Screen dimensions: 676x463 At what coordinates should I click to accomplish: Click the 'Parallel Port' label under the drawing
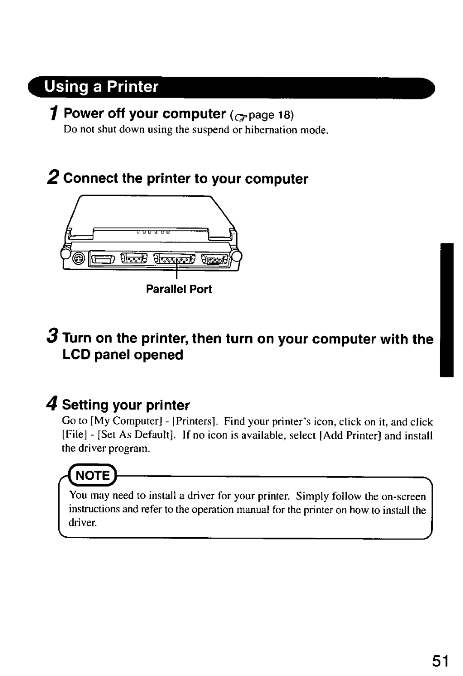(179, 290)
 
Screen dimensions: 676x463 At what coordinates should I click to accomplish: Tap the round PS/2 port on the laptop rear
(78, 259)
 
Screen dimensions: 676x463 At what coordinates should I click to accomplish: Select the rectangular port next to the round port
(102, 259)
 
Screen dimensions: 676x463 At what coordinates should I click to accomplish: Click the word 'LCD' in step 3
(78, 355)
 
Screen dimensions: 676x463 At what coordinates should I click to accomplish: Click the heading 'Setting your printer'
(126, 405)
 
